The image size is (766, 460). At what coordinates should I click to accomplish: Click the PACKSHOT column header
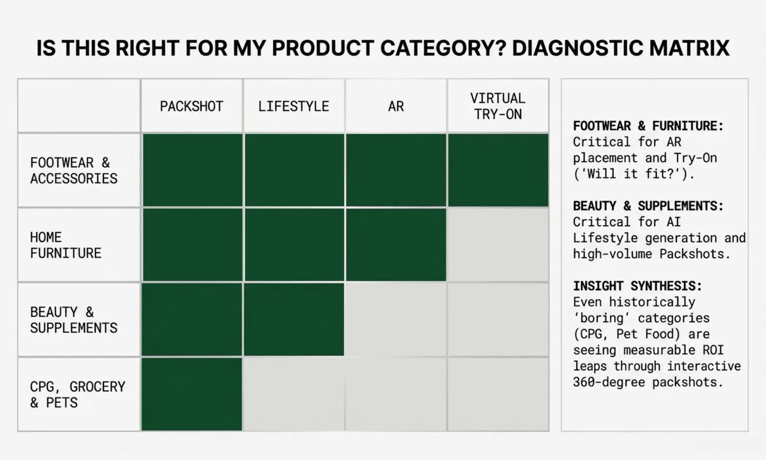[x=191, y=106]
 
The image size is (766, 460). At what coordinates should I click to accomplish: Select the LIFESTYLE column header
[x=293, y=106]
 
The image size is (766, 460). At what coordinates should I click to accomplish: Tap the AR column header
[x=396, y=106]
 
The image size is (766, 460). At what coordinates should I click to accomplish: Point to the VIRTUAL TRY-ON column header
[x=498, y=106]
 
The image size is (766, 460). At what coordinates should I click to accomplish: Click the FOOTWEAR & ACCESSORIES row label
[x=74, y=171]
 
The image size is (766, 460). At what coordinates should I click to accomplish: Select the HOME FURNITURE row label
[x=66, y=245]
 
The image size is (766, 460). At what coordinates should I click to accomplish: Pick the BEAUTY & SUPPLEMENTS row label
[x=74, y=320]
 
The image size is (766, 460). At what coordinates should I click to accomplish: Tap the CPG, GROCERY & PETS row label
[x=78, y=394]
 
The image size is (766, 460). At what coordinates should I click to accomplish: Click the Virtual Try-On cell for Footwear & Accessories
[x=498, y=170]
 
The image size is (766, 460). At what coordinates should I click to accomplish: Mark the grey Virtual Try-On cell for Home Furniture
[x=498, y=245]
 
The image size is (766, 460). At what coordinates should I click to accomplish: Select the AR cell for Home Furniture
[x=396, y=245]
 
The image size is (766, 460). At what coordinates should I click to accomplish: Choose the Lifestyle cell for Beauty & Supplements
[x=293, y=320]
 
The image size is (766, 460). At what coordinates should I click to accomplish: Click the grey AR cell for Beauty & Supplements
[x=396, y=320]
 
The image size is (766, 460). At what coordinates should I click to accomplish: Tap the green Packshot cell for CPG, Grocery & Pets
[x=191, y=394]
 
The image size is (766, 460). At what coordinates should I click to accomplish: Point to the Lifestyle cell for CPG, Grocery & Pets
[x=293, y=394]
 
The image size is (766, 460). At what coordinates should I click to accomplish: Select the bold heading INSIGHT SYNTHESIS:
[x=637, y=286]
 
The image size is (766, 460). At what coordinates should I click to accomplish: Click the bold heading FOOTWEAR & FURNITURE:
[x=648, y=126]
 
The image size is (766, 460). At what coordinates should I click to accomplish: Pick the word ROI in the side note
[x=713, y=350]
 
